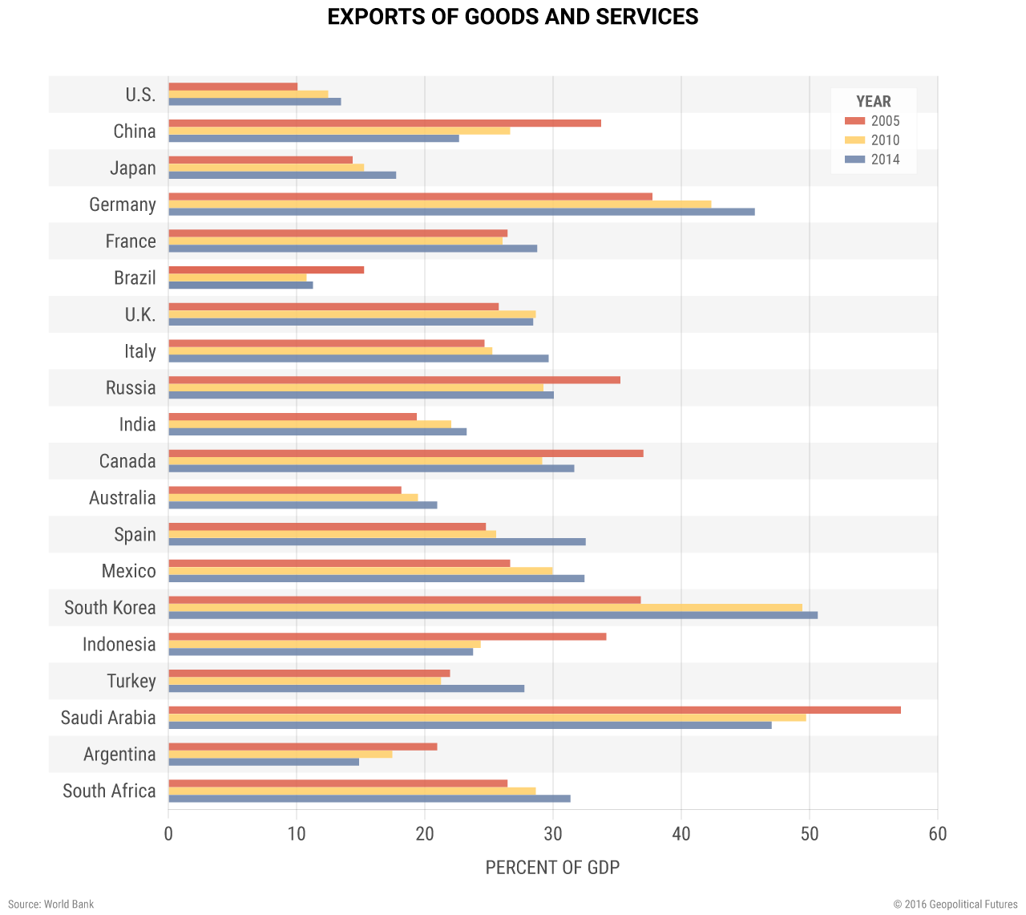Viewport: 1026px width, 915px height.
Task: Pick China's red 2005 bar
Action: point(385,123)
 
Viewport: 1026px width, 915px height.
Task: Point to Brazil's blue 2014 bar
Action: point(240,285)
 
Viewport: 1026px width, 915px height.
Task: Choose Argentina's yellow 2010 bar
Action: point(280,754)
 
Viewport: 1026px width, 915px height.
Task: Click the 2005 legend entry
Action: point(873,121)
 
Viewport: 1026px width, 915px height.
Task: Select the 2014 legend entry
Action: point(873,160)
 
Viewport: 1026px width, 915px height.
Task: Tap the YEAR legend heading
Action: point(873,102)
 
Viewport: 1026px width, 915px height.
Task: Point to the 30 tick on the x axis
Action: point(553,834)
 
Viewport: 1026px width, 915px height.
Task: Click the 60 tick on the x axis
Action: point(938,834)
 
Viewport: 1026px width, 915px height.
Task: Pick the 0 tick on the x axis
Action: point(168,834)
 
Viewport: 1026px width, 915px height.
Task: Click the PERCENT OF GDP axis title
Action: point(552,868)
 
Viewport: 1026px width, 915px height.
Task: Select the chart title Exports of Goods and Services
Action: point(513,17)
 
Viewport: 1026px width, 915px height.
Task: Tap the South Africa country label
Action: point(109,791)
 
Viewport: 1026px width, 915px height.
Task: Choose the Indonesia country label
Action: point(119,644)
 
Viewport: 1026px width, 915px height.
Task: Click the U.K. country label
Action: point(140,314)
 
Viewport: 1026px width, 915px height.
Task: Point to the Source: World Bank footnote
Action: point(51,904)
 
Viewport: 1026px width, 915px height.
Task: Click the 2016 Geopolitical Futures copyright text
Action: point(955,904)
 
